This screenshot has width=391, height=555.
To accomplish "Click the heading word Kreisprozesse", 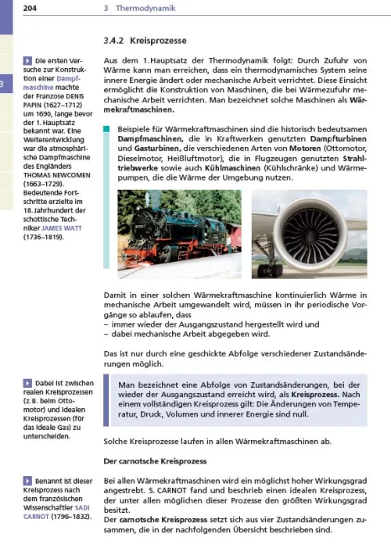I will click(162, 39).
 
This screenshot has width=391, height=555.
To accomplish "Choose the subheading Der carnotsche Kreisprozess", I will click(155, 462).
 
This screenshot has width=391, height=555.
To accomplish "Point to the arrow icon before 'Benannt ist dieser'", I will click(27, 478).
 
